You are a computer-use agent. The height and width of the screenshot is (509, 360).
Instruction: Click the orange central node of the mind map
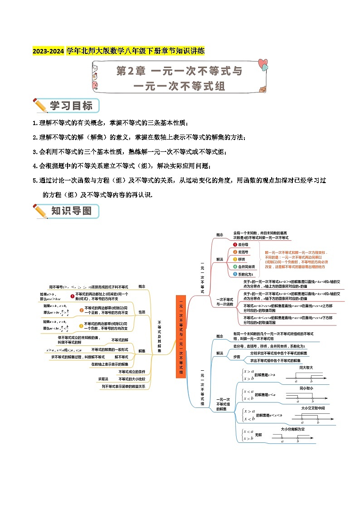click(x=181, y=336)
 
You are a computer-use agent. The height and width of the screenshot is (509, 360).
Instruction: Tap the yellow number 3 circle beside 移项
click(x=235, y=259)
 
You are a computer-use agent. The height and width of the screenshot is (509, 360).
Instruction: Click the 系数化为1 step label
click(x=246, y=274)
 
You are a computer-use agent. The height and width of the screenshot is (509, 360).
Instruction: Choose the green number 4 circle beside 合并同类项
click(x=235, y=267)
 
